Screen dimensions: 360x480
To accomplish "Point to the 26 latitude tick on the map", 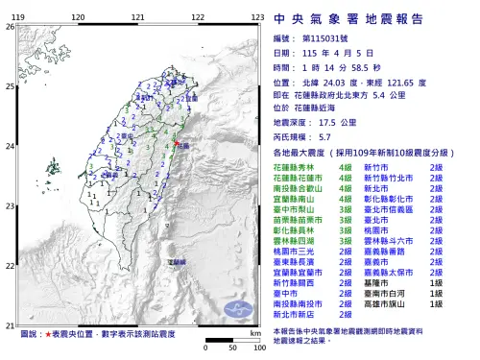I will (x=11, y=27).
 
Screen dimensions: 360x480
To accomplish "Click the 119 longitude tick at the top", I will (x=19, y=17).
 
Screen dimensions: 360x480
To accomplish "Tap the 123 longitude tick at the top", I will (x=257, y=17).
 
